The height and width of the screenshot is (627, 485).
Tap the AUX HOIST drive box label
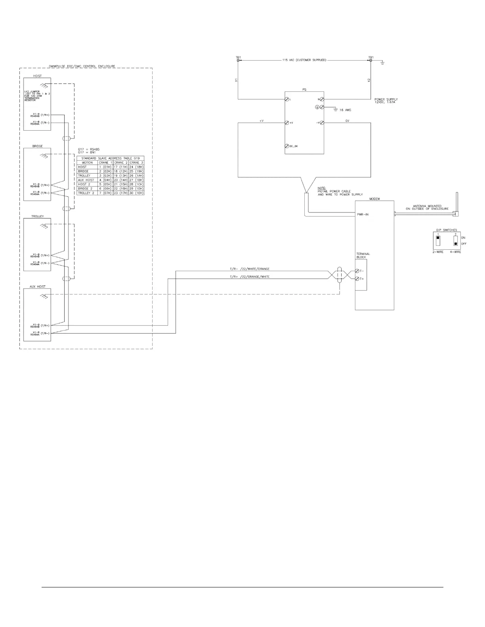pyautogui.click(x=38, y=287)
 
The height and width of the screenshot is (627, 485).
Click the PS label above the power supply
pyautogui.click(x=304, y=90)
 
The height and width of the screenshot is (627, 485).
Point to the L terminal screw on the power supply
pyautogui.click(x=287, y=99)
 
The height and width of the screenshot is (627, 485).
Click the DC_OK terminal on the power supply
pyautogui.click(x=287, y=146)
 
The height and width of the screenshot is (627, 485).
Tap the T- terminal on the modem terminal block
pyautogui.click(x=357, y=271)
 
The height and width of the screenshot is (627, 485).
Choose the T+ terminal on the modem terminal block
pyautogui.click(x=357, y=279)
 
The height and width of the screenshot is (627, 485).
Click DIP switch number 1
pyautogui.click(x=438, y=241)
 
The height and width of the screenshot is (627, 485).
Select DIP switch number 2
pyautogui.click(x=456, y=241)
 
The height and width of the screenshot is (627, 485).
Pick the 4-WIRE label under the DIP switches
pyautogui.click(x=455, y=252)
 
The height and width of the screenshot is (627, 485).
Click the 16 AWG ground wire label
pyautogui.click(x=345, y=110)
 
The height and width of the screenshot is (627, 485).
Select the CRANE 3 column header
pyautogui.click(x=136, y=163)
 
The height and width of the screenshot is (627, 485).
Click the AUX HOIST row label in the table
pyautogui.click(x=86, y=180)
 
